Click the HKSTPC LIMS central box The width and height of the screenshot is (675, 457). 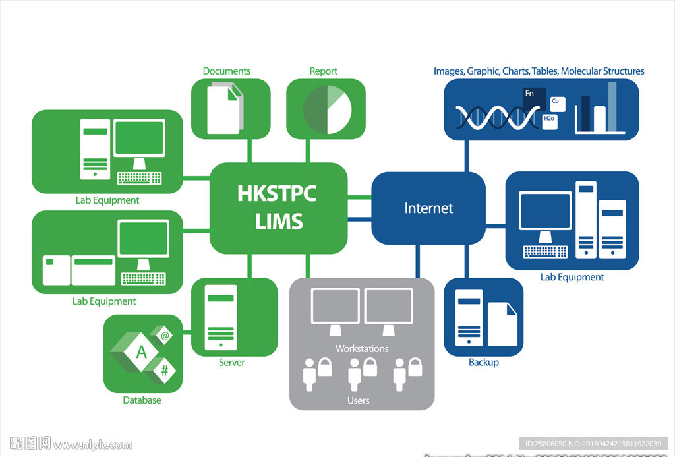coord(278,207)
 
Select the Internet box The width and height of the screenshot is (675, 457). coord(428,208)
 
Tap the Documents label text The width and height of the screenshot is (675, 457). coord(227,71)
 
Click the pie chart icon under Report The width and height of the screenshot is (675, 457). coord(326,109)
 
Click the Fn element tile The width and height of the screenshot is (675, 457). coord(530,94)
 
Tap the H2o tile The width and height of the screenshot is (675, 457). coord(549,119)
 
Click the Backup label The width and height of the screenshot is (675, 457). coord(483,363)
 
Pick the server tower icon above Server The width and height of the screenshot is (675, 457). coord(220,317)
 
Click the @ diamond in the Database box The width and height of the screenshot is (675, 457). coord(165,336)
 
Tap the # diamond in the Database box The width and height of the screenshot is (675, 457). coord(164,371)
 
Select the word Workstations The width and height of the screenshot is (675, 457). coord(362,348)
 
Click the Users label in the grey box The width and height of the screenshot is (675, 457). coord(359,400)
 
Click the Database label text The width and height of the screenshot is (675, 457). coord(142,400)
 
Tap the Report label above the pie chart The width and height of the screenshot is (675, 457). coord(323,71)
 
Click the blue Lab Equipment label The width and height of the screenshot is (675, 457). coord(572,277)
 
